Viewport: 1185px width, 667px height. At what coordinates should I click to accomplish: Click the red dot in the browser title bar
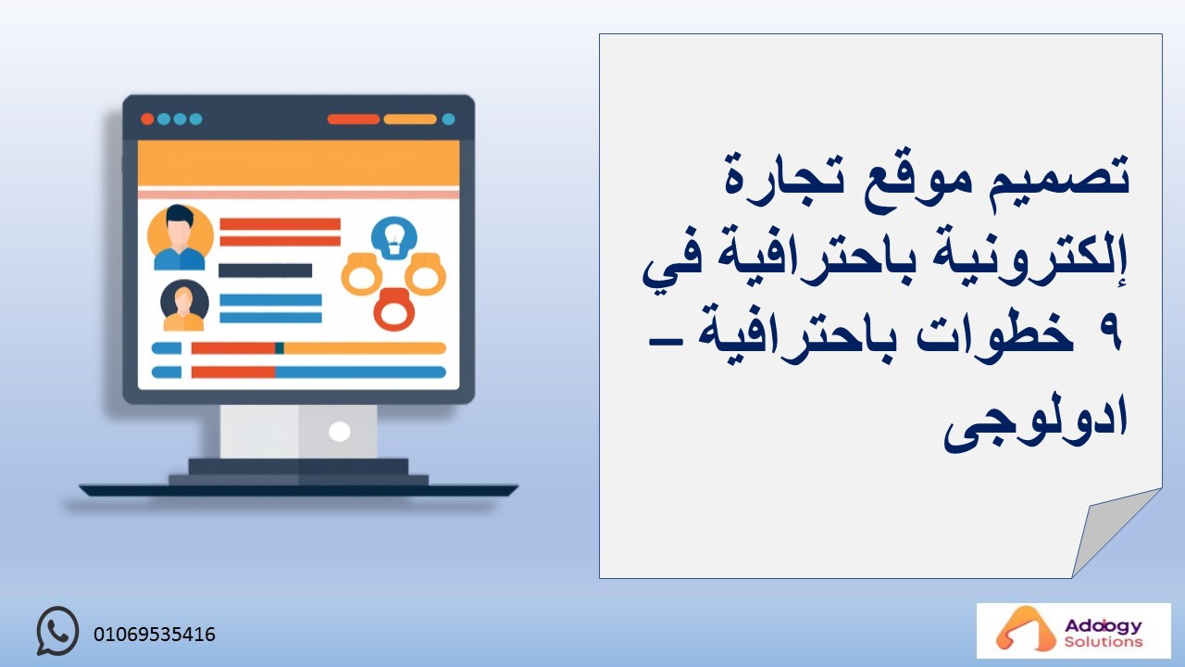[147, 120]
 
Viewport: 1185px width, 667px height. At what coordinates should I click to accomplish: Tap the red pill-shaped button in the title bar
[354, 120]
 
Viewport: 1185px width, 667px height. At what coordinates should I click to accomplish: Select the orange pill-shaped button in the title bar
[410, 120]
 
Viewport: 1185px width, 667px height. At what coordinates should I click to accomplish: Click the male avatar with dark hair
[180, 238]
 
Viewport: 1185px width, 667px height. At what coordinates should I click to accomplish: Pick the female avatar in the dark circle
[184, 306]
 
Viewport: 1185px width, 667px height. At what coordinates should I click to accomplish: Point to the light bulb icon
[394, 238]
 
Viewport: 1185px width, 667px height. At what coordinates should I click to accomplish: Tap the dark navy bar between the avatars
[266, 271]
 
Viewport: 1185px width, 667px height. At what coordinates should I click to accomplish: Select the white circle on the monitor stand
[339, 432]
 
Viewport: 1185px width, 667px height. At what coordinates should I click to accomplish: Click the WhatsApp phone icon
[57, 631]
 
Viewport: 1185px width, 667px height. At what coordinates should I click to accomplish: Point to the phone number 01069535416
[155, 635]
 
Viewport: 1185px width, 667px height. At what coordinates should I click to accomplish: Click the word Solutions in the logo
[1104, 642]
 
